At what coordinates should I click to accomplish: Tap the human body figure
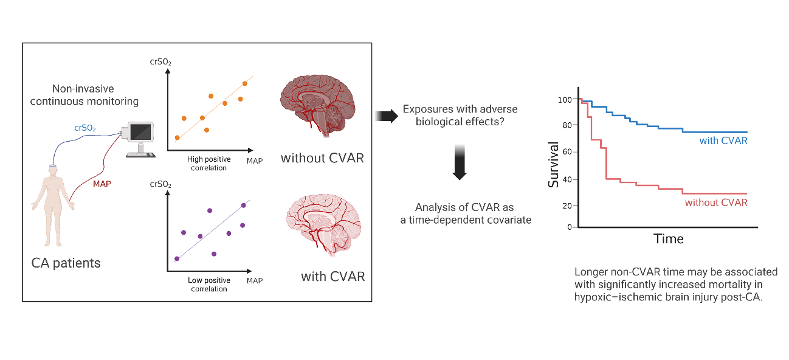click(53, 207)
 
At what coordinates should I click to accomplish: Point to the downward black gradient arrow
click(460, 162)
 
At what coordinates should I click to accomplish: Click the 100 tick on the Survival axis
click(567, 100)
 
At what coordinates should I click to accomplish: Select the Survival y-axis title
click(553, 164)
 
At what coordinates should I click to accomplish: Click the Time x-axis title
click(668, 239)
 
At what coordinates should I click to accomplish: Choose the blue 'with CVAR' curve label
click(723, 140)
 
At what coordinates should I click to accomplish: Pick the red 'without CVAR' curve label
click(715, 202)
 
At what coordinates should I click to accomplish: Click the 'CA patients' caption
click(66, 263)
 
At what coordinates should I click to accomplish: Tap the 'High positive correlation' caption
click(208, 163)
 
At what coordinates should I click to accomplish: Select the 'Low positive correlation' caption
click(208, 285)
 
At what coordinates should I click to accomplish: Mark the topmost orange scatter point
click(245, 83)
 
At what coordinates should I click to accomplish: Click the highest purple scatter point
click(210, 210)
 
